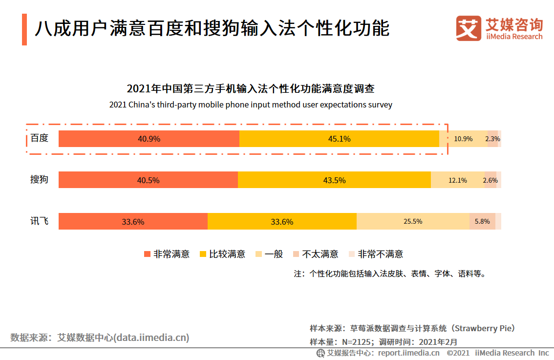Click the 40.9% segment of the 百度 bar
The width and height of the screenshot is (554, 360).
(x=149, y=139)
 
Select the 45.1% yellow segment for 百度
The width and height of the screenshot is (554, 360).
(x=339, y=139)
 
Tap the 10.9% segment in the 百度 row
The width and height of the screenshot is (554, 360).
(x=463, y=139)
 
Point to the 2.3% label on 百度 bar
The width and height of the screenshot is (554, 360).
(x=492, y=139)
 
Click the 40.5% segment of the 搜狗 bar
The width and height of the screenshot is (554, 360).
(x=148, y=180)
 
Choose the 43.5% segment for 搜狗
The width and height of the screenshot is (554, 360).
(x=334, y=180)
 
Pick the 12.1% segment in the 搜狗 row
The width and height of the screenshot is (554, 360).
(x=458, y=180)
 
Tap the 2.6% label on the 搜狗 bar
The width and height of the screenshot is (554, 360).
(x=490, y=180)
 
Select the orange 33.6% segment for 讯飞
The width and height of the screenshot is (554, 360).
(x=133, y=221)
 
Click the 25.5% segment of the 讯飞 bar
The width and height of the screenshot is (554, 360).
(x=413, y=221)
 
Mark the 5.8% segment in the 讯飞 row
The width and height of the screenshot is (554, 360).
(x=482, y=221)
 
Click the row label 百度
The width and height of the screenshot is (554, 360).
(x=39, y=138)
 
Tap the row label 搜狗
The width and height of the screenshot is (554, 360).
(x=39, y=180)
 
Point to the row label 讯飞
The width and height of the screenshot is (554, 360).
(x=39, y=221)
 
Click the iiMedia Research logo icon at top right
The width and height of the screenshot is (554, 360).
(x=469, y=28)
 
